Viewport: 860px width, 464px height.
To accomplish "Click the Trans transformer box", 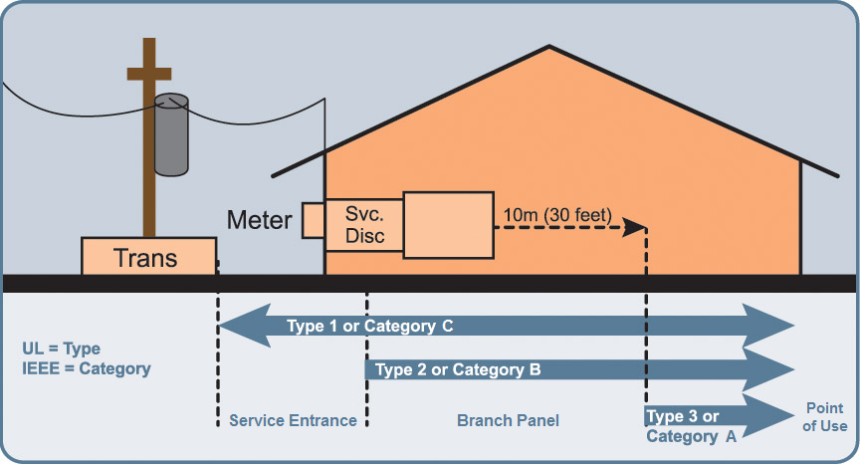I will click(x=148, y=257).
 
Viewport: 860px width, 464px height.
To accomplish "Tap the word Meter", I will click(x=260, y=219).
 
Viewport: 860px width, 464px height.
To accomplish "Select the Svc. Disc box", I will click(x=363, y=225).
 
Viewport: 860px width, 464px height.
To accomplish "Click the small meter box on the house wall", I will click(x=314, y=221).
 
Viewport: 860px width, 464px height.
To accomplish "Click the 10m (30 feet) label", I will click(x=558, y=215).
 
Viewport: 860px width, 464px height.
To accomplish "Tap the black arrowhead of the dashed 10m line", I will click(x=634, y=228).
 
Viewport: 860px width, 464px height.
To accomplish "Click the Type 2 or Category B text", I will click(x=459, y=370).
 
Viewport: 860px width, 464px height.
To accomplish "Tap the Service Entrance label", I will click(x=293, y=420).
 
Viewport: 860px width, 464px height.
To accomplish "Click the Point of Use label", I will click(x=826, y=417).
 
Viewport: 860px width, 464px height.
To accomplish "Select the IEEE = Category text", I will click(x=86, y=368).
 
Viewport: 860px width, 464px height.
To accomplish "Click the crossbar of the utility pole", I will click(x=149, y=75).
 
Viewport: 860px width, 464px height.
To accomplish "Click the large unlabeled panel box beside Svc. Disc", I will click(x=448, y=225).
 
